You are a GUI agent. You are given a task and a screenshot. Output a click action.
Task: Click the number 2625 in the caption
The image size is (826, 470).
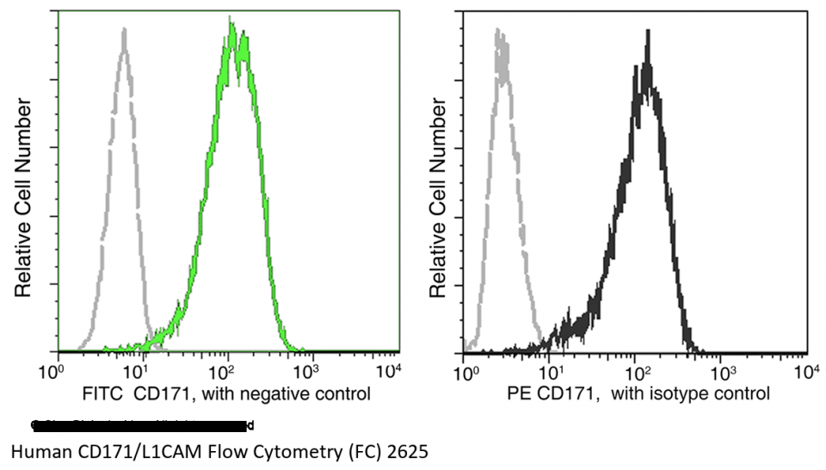[408, 451]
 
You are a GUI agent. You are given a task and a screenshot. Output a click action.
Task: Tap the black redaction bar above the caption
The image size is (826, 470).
[142, 424]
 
